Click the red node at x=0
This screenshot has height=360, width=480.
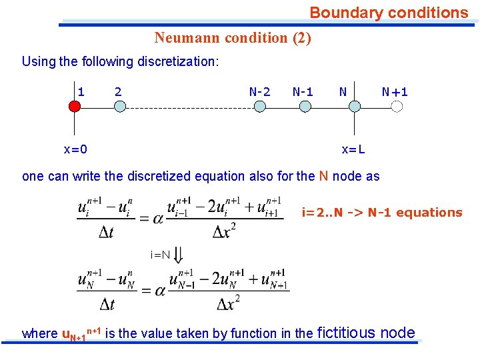click(x=75, y=106)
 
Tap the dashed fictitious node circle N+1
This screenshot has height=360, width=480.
click(x=398, y=106)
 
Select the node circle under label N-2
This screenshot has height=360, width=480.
click(x=259, y=106)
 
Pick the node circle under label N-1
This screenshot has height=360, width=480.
click(x=305, y=106)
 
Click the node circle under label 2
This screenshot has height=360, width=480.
click(x=119, y=106)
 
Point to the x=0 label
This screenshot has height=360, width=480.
click(x=75, y=149)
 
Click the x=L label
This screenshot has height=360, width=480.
click(x=353, y=149)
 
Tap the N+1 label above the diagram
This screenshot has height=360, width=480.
click(x=395, y=91)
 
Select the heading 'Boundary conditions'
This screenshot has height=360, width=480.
click(x=389, y=13)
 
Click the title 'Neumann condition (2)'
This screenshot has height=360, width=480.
click(x=233, y=37)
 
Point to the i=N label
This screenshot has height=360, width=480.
click(x=161, y=254)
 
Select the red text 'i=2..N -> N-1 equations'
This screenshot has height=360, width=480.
click(x=382, y=213)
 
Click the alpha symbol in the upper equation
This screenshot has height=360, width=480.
click(x=159, y=218)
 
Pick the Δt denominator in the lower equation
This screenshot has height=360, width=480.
click(x=107, y=304)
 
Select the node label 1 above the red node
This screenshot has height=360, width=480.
click(x=81, y=91)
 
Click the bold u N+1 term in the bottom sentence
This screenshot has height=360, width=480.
click(x=75, y=334)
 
